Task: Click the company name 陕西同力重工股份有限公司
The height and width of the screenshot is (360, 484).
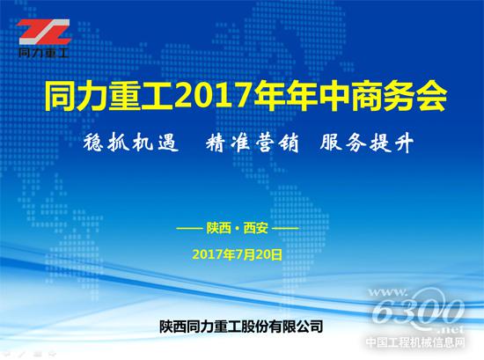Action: (x=240, y=327)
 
